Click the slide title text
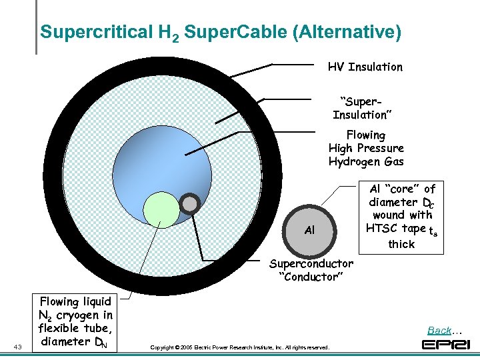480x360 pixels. coord(221,32)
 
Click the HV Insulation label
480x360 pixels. coord(365,67)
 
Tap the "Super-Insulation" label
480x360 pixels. coord(362,107)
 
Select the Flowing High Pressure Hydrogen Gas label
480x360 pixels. coord(366,148)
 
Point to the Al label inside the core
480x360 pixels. coord(309,230)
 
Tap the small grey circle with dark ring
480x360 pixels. coord(190,203)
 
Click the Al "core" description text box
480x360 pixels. coord(402,216)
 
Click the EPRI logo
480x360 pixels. coord(446,344)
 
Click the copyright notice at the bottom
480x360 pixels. coord(239,347)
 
